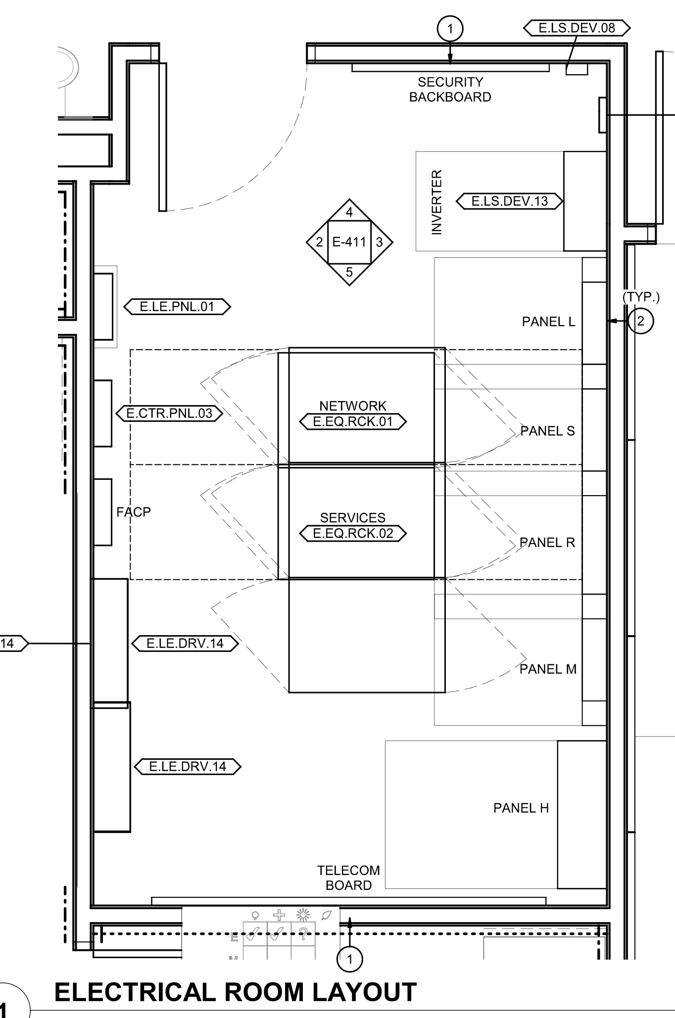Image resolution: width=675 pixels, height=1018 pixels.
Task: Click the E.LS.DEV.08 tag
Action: [577, 28]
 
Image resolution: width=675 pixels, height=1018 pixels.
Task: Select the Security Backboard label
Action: [450, 90]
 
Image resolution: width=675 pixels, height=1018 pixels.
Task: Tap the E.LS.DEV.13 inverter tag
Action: [510, 201]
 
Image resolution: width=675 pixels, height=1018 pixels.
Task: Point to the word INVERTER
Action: [436, 202]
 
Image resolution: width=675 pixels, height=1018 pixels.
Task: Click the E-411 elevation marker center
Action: [349, 242]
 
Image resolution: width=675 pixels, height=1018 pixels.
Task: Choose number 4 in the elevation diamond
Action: [349, 212]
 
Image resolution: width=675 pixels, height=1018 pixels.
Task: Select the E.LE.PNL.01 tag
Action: [177, 307]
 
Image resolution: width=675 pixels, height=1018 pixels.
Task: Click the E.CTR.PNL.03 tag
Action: [169, 413]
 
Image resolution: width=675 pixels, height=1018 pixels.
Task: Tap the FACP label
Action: [134, 512]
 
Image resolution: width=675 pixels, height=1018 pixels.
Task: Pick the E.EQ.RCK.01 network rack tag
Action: [353, 421]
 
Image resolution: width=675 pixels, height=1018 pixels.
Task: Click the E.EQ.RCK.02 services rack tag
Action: [353, 533]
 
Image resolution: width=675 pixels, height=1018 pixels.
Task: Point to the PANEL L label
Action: [548, 322]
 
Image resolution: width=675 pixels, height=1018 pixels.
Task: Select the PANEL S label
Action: [548, 431]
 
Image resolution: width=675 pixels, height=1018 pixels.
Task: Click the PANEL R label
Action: [547, 543]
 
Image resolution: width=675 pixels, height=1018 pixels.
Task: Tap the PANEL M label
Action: [548, 669]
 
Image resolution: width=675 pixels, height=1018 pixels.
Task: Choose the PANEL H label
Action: [521, 808]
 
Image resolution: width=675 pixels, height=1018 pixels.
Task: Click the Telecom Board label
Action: [349, 878]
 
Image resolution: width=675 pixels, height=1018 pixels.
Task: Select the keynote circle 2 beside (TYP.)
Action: [641, 321]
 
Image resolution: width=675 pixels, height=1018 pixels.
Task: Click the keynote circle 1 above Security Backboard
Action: [450, 29]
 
